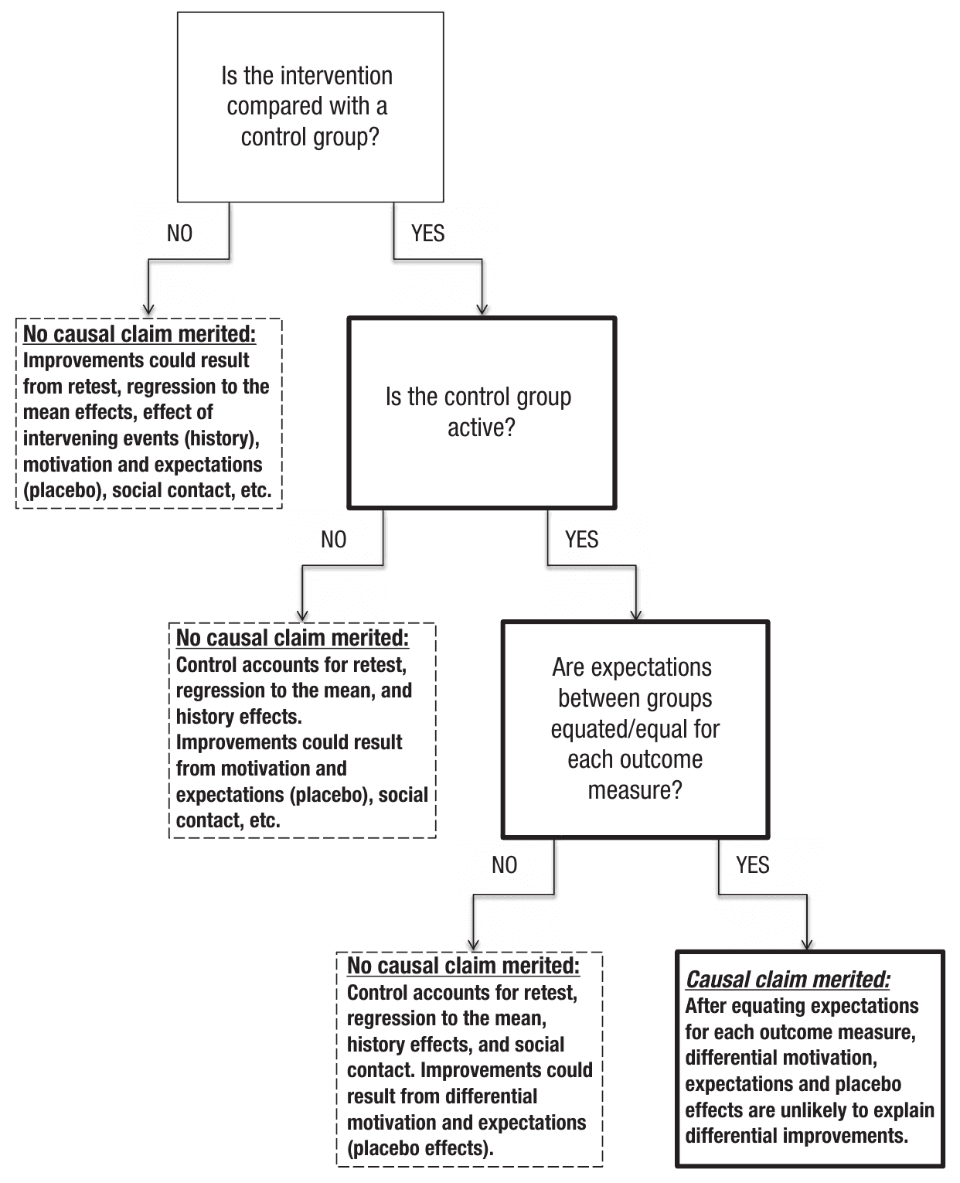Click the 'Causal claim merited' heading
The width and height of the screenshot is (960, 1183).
tap(788, 979)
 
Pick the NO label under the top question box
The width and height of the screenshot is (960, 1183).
tap(179, 234)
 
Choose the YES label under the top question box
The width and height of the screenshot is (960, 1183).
tap(427, 234)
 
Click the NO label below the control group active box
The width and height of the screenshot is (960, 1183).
tap(333, 539)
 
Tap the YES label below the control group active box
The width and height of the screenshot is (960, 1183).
tap(581, 539)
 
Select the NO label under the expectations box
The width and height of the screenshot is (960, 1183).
tap(504, 864)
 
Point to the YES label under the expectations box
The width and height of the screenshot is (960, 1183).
tap(752, 864)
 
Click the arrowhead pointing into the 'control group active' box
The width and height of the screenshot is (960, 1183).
tap(482, 310)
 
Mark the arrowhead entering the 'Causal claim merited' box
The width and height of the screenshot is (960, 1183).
tap(807, 945)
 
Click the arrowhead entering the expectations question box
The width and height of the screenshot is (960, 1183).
tap(635, 614)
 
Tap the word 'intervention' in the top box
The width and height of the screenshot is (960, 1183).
tap(337, 76)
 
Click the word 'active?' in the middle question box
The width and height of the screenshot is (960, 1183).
tap(482, 428)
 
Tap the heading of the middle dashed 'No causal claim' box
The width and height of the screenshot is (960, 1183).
tap(292, 638)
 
